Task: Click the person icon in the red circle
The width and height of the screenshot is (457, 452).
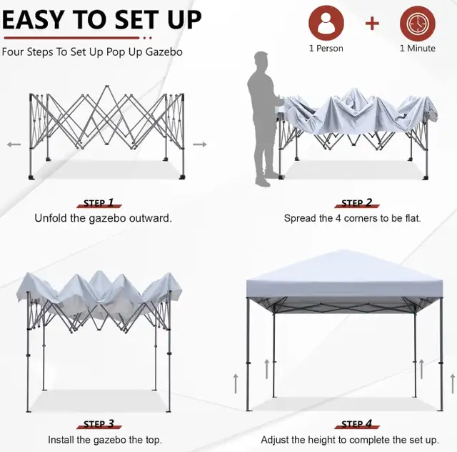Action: click(x=326, y=24)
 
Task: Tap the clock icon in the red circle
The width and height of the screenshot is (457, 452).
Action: click(x=417, y=24)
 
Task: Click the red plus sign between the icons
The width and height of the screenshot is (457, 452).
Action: click(x=372, y=24)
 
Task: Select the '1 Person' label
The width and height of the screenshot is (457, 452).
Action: click(x=326, y=49)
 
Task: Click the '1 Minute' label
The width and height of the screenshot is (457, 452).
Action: click(x=417, y=49)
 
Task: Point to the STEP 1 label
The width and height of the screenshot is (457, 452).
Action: click(x=98, y=203)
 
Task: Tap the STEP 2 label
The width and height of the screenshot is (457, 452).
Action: click(x=356, y=203)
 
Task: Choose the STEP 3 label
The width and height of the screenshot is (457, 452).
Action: click(x=98, y=424)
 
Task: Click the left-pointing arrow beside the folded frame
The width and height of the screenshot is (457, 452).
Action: click(x=14, y=144)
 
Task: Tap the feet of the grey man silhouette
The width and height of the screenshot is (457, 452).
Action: click(x=266, y=179)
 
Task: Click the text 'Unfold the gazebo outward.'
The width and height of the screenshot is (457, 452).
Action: click(x=103, y=218)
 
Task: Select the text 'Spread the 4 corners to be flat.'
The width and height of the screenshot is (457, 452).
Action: click(x=352, y=218)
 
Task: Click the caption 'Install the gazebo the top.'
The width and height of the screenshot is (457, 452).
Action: click(x=104, y=440)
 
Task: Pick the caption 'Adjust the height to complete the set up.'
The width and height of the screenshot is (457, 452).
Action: click(x=350, y=440)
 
